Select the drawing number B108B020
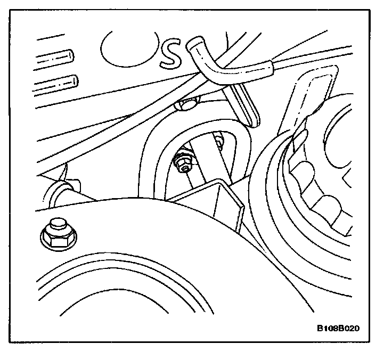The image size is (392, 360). pos(336,328)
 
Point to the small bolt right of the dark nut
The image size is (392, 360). pos(218,141)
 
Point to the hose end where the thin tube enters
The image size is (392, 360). pos(269,66)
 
